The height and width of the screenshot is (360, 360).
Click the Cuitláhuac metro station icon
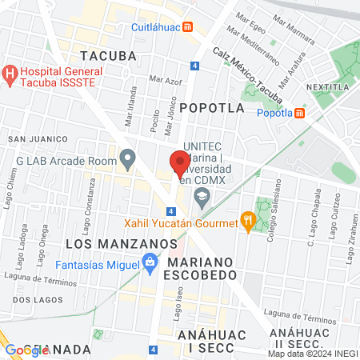pos(188,26)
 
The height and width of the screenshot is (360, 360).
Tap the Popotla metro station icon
pos(299,113)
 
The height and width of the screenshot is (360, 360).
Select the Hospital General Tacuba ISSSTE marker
pos(10,74)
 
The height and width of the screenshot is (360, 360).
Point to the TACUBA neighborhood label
pos(109,55)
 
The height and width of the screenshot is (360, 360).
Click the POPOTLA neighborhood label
pos(211,106)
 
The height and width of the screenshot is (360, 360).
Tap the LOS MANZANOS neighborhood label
pos(105,242)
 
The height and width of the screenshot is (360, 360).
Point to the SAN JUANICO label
pos(34,138)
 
